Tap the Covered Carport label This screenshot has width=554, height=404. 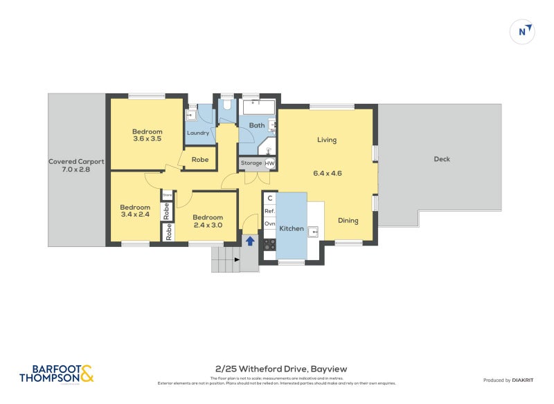tap(76, 166)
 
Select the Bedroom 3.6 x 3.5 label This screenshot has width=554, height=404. tap(148, 136)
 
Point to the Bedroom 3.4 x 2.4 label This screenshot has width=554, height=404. tap(134, 211)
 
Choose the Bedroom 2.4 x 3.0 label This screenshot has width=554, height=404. tap(208, 221)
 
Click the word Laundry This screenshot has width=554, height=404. tap(198, 134)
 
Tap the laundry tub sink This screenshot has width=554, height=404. tap(192, 116)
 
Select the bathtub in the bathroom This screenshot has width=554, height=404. tap(258, 108)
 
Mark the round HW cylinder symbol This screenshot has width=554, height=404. tap(270, 164)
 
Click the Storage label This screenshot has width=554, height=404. tap(251, 163)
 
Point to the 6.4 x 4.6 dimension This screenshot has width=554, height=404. tap(328, 174)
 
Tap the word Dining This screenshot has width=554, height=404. tap(348, 221)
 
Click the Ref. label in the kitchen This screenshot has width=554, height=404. tap(270, 211)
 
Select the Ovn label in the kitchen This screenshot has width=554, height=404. tap(270, 223)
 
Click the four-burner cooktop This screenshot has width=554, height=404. tap(269, 244)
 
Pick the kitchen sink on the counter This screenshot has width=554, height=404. tap(313, 231)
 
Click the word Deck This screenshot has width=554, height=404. tap(442, 159)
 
